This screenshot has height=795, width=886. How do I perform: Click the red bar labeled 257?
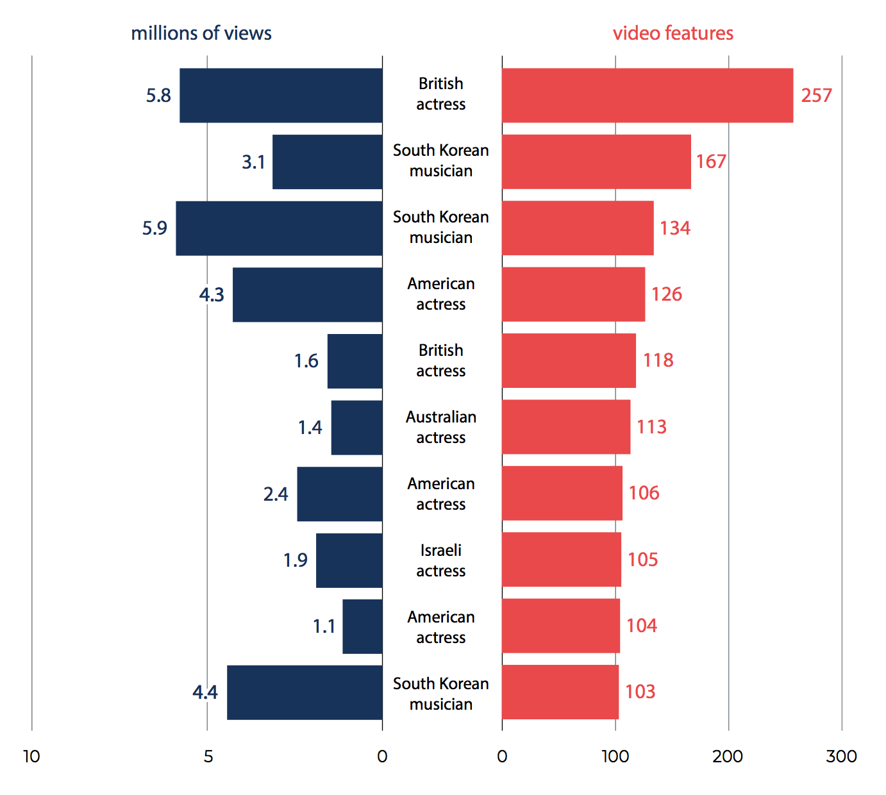[647, 96]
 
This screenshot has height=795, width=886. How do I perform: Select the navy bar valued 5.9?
[279, 228]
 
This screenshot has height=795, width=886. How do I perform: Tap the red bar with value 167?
[596, 162]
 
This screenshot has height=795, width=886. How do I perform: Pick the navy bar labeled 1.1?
[362, 626]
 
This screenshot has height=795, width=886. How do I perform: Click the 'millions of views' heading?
[201, 33]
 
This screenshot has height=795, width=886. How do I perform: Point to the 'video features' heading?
[673, 33]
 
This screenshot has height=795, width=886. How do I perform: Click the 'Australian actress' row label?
[441, 427]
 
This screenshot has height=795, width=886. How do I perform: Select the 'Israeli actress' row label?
[441, 560]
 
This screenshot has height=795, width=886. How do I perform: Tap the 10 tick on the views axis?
[31, 757]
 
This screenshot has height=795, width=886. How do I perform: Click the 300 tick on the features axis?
[841, 757]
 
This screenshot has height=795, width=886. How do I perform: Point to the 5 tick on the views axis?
[208, 757]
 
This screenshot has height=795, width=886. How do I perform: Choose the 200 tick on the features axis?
[728, 757]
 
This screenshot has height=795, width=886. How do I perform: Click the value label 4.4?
[205, 692]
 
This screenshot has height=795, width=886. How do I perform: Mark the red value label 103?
[640, 692]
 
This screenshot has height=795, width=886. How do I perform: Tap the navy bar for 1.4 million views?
[356, 428]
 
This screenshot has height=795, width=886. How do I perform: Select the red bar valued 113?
[566, 427]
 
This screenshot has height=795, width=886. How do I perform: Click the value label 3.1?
[253, 162]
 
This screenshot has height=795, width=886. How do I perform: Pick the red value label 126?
[666, 294]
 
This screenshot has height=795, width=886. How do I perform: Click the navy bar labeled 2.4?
[340, 494]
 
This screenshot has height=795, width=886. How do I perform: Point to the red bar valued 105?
[561, 560]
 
